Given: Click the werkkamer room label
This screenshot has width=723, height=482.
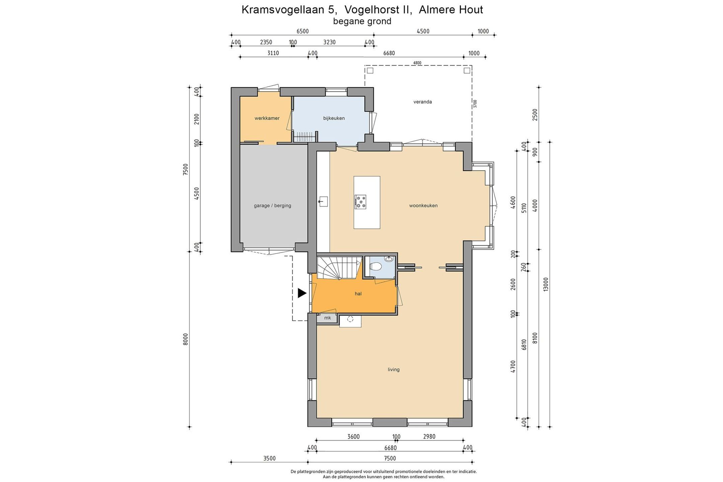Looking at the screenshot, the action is pos(267,118).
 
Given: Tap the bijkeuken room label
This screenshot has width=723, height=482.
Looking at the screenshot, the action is pos(334,118).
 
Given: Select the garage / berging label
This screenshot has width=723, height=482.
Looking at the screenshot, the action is pos(272,206).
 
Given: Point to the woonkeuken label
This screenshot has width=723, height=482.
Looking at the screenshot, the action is pos(423,206).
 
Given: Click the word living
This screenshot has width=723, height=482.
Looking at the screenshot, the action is pos(394,370).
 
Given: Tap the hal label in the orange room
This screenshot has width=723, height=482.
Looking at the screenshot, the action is pos(358,294).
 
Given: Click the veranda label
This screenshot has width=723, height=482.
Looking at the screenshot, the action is pos(422,102).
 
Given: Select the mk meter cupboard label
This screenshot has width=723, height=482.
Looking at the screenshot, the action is pos(327,318).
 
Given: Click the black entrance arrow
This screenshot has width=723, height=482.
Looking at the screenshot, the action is pos(302,293).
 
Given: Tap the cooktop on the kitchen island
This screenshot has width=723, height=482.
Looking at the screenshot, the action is pos(360,202).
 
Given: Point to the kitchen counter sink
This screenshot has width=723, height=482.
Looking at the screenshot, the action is pos(323,202).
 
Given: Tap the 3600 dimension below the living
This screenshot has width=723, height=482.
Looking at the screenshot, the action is pos(353,436).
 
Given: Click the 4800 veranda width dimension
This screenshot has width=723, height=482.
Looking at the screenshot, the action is pos(417,63).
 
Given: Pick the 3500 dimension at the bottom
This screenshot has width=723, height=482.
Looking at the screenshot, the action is pos(269,459).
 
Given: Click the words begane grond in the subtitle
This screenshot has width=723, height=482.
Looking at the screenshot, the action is pos(362,21).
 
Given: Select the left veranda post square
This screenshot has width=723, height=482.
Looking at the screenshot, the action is pos(370,71).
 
